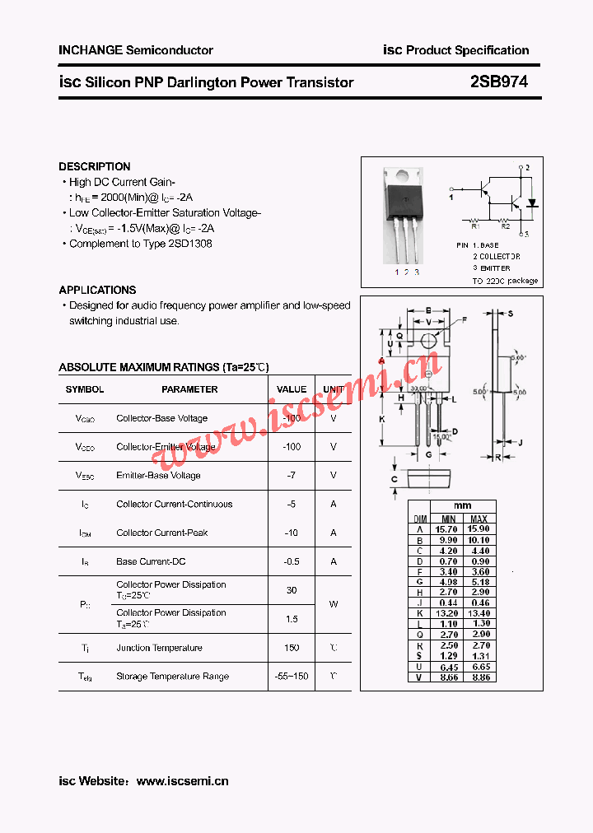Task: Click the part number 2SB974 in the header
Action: pos(499,82)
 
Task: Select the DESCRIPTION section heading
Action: pos(95,166)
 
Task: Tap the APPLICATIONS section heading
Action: pos(97,290)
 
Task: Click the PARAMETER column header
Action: pos(189,389)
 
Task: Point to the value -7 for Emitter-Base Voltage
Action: pos(291,476)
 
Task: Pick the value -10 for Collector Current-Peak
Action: pos(291,533)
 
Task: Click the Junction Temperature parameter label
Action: pos(159,648)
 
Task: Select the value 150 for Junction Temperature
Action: pos(291,648)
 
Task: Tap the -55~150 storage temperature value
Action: pos(291,677)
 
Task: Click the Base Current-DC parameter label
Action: pos(151,561)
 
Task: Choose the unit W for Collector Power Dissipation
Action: pos(334,604)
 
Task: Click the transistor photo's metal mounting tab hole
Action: pos(404,175)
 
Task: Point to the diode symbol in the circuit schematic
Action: pos(531,202)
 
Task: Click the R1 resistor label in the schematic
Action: pos(475,225)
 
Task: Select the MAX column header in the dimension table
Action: pos(479,519)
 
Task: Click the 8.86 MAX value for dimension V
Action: pos(479,677)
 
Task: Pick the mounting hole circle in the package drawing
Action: pos(427,341)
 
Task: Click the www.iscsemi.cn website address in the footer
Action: pos(182,781)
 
